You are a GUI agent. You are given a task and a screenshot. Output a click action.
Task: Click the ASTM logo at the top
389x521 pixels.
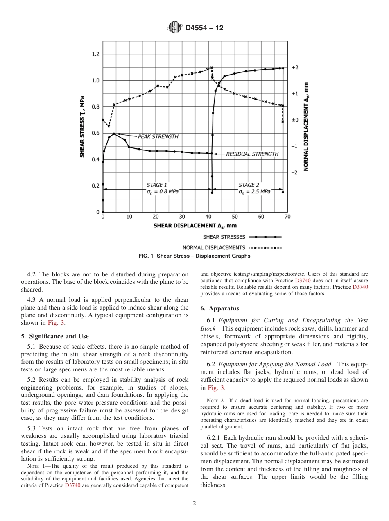tap(174, 28)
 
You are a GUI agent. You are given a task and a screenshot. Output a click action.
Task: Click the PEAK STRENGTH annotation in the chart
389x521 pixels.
tap(158, 137)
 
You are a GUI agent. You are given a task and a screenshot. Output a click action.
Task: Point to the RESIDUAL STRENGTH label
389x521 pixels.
tap(252, 154)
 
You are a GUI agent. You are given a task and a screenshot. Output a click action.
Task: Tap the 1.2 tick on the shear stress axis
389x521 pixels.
tap(95, 54)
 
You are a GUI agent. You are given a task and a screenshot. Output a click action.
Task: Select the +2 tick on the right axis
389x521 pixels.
tap(295, 67)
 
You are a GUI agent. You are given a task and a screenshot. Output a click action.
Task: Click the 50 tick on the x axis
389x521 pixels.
tap(235, 217)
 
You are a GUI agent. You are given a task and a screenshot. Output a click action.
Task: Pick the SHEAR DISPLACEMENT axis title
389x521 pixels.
tap(195, 225)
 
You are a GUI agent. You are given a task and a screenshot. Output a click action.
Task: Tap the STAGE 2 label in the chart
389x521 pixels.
tap(249, 185)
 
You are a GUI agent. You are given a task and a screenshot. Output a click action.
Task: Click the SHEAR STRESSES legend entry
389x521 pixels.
tap(224, 237)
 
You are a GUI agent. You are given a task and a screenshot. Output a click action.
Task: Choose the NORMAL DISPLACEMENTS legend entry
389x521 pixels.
tap(214, 247)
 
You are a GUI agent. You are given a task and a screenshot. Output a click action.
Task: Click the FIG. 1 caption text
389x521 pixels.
tap(194, 256)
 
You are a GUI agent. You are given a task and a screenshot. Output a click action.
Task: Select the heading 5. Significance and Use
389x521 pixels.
tap(54, 336)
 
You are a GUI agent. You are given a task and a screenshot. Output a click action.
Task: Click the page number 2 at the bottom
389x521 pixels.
tap(194, 503)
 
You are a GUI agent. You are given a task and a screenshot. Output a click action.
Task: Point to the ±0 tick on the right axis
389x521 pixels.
tap(295, 120)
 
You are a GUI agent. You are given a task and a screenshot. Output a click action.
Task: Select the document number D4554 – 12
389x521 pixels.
tap(204, 28)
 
